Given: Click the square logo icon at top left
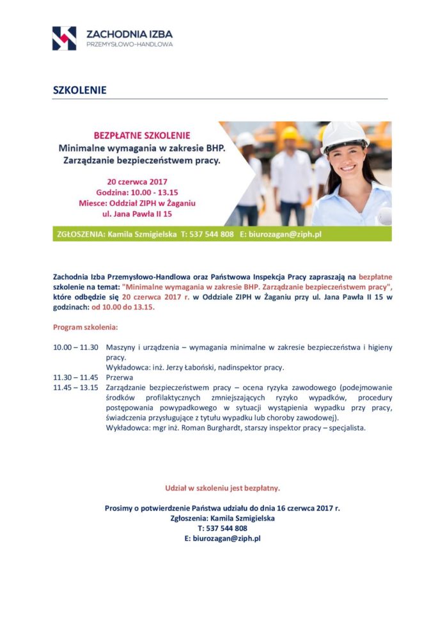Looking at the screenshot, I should [x=64, y=38].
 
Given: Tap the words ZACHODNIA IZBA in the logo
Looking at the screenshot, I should [x=129, y=33].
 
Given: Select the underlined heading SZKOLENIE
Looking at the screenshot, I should [x=79, y=90].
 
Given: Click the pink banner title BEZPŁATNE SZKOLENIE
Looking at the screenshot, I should [x=142, y=136].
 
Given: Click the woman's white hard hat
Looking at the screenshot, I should [x=344, y=135].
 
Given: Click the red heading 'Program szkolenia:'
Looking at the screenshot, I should [x=85, y=327].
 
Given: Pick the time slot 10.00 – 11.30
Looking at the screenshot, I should [x=75, y=347].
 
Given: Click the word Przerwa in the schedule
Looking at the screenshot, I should [x=120, y=377].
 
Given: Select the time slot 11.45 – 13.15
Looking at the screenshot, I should [x=75, y=388].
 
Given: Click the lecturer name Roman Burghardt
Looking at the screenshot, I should [x=205, y=427].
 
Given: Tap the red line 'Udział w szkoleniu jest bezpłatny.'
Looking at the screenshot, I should [x=222, y=488].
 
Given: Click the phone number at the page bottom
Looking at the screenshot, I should [x=222, y=528].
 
